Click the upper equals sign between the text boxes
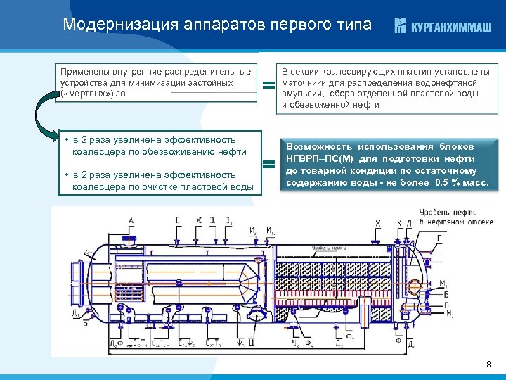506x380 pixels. click(x=268, y=86)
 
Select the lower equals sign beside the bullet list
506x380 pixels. click(x=268, y=166)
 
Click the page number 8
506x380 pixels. click(x=488, y=364)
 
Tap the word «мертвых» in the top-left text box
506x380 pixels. click(x=84, y=94)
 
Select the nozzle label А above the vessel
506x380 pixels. click(x=131, y=220)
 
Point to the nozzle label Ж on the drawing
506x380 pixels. click(x=199, y=220)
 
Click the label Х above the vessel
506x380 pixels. click(x=377, y=224)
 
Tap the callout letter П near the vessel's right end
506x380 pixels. click(x=440, y=238)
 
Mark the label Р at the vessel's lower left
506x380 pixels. click(x=85, y=326)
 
